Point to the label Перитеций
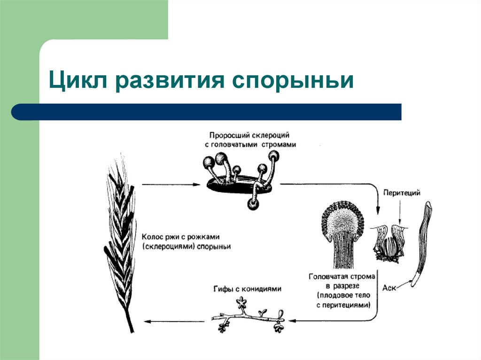click(x=401, y=192)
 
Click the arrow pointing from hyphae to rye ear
click(x=174, y=321)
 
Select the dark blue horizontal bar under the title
click(x=207, y=112)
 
